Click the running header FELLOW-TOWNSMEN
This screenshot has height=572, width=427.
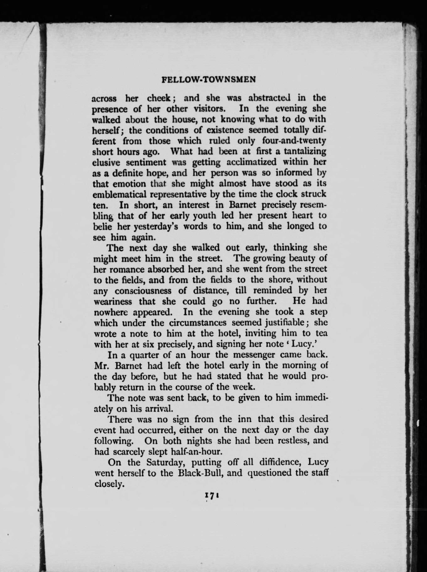pos(209,80)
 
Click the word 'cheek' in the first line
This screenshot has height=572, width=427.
pos(159,98)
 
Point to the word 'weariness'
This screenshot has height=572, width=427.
pos(113,302)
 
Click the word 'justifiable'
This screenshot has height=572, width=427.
pos(280,323)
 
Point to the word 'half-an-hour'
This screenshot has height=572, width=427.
pos(196,452)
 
